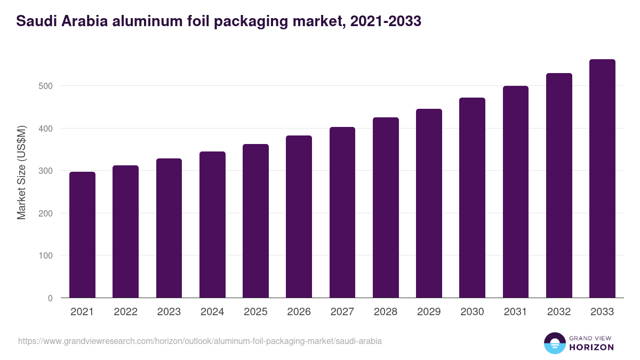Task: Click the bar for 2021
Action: [82, 235]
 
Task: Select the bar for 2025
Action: [255, 221]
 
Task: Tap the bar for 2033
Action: [602, 179]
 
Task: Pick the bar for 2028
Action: [386, 207]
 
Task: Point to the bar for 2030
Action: [472, 198]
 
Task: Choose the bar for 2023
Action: [169, 228]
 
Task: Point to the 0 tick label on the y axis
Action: [50, 298]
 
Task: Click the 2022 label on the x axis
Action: [125, 312]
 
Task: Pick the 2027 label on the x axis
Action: [342, 312]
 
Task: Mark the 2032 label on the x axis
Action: [559, 312]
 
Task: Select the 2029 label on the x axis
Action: [429, 312]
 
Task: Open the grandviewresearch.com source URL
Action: [200, 341]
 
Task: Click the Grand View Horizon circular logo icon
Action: [555, 343]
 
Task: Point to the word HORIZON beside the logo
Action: [592, 347]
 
